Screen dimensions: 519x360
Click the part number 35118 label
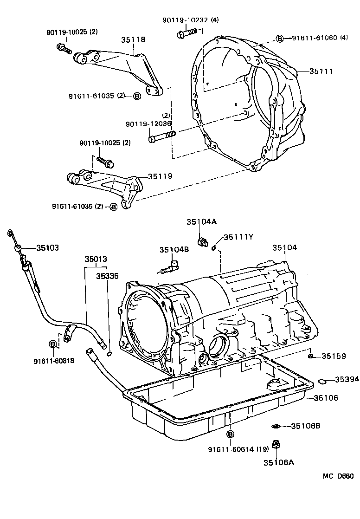pos(134,40)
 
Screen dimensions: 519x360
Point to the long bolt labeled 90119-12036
pos(161,137)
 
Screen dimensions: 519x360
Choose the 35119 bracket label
pos(160,176)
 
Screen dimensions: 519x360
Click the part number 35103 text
pos(48,248)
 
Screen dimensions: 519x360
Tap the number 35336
pos(107,276)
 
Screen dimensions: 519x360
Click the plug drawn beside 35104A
pos(202,242)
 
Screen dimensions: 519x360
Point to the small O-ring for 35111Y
pos(214,247)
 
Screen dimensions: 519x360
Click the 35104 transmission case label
pos(284,248)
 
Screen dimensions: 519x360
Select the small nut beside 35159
pos(311,356)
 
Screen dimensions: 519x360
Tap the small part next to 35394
pos(321,381)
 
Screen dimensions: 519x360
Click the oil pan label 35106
pos(326,398)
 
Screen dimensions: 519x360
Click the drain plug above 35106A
pos(276,445)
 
